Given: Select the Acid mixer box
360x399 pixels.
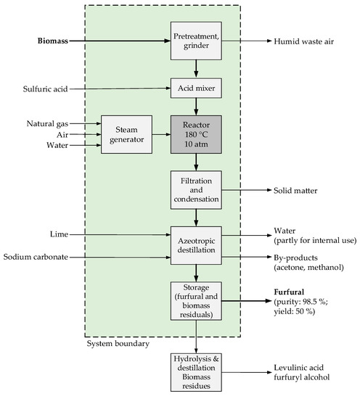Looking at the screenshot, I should [195, 89].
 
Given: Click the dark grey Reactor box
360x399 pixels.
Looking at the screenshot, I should [195, 134].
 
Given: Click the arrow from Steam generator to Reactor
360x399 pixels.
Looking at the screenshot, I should [160, 134].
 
